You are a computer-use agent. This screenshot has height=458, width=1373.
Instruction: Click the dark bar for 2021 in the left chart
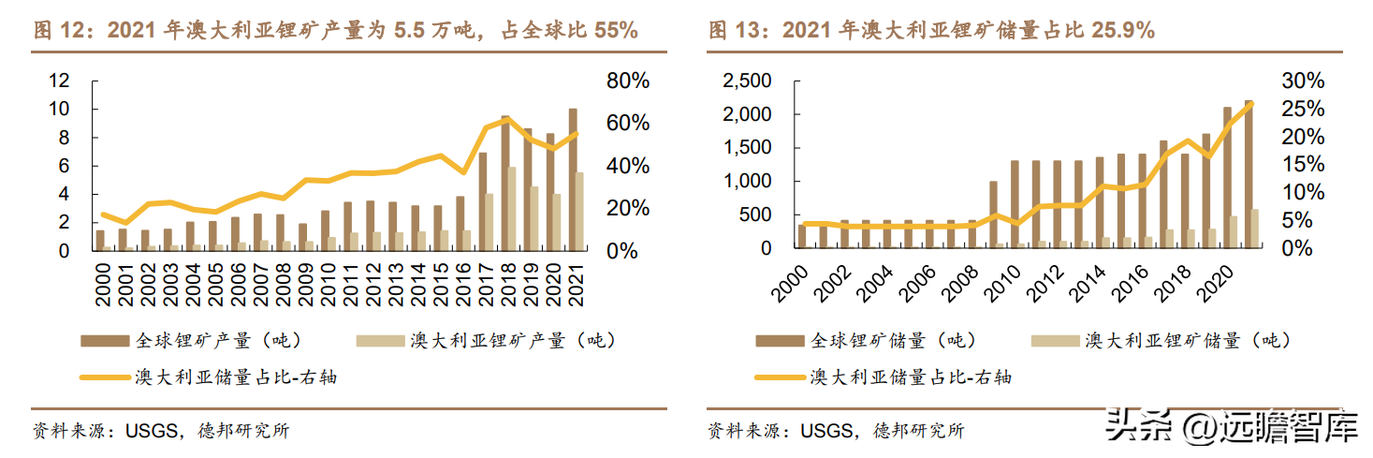pyautogui.click(x=573, y=180)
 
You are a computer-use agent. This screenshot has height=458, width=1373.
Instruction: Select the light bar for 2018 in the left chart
pyautogui.click(x=512, y=209)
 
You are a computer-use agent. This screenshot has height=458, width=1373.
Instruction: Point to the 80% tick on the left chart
pyautogui.click(x=628, y=81)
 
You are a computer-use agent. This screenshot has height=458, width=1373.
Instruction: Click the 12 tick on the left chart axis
pyautogui.click(x=60, y=81)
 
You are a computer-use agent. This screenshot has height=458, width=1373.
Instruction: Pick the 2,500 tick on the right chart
pyautogui.click(x=747, y=81)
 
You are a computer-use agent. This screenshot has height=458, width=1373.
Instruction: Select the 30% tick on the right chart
pyautogui.click(x=1303, y=81)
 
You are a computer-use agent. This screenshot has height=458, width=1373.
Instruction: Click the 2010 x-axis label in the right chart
pyautogui.click(x=1002, y=283)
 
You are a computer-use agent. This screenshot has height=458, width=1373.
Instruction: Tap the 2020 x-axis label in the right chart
pyautogui.click(x=1216, y=283)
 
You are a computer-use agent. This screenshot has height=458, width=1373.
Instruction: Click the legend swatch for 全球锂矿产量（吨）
pyautogui.click(x=105, y=341)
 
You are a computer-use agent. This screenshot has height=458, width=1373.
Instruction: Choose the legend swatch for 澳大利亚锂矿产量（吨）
pyautogui.click(x=381, y=341)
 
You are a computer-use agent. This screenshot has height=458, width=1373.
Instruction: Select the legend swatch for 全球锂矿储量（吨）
pyautogui.click(x=780, y=341)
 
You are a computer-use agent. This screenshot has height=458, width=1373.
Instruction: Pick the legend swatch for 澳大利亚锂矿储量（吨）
pyautogui.click(x=1056, y=341)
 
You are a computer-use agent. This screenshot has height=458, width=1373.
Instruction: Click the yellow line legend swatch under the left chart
pyautogui.click(x=105, y=377)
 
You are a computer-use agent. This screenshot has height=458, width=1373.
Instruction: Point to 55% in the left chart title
pyautogui.click(x=616, y=30)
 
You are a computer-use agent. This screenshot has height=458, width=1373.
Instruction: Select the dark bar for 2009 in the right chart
pyautogui.click(x=993, y=214)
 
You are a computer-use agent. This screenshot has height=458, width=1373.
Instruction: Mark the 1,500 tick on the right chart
pyautogui.click(x=747, y=147)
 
